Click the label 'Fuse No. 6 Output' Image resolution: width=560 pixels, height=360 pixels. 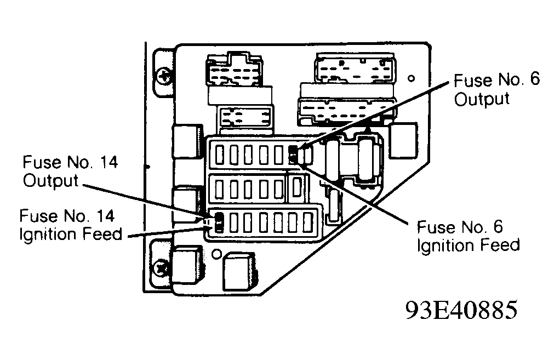[x=497, y=89]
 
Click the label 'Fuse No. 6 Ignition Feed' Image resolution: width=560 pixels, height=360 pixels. [x=468, y=236]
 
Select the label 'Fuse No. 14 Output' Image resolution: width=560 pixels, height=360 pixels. [x=70, y=171]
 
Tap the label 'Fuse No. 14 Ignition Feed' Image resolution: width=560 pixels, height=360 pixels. [x=71, y=225]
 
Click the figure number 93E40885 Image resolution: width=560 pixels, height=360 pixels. [x=461, y=309]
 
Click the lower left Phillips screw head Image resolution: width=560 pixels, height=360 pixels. [x=161, y=268]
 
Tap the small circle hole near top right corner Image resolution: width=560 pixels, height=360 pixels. [x=412, y=78]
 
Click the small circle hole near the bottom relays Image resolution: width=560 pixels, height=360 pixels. [x=216, y=254]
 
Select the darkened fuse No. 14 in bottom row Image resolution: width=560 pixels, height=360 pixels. [x=219, y=222]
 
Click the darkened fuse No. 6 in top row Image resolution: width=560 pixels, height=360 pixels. [x=293, y=155]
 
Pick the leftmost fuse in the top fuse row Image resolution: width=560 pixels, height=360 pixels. [x=220, y=155]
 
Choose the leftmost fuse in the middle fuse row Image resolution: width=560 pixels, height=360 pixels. [x=220, y=189]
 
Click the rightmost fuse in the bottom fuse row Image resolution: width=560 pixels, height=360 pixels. [x=307, y=222]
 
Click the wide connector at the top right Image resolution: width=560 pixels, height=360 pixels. [x=355, y=68]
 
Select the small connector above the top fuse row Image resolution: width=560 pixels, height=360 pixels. [x=245, y=118]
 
